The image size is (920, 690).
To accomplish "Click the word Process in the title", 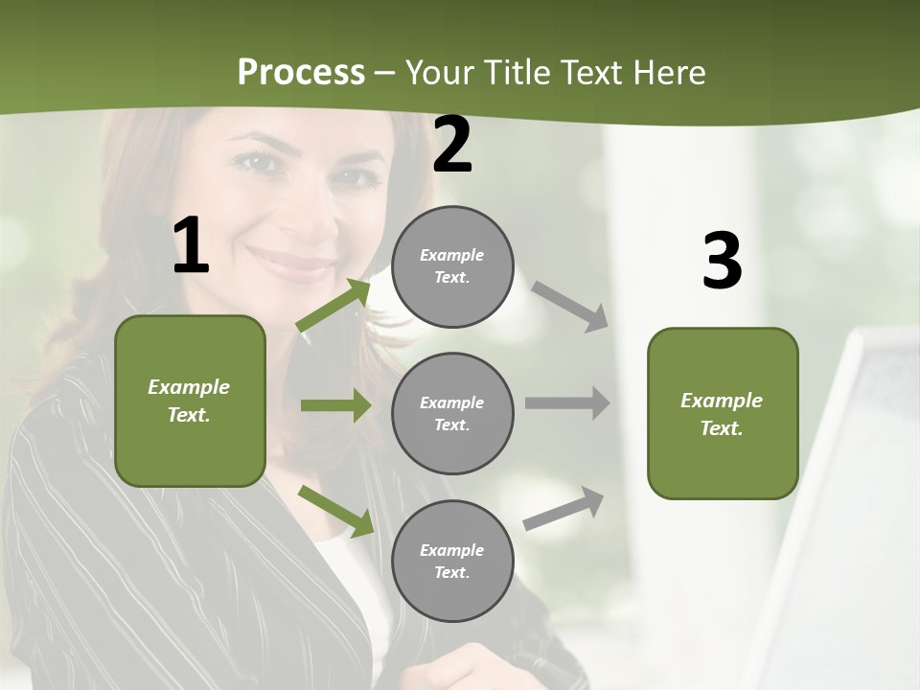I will click(x=301, y=73).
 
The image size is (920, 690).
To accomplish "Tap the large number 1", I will click(x=191, y=245).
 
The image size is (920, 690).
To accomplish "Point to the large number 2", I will click(x=452, y=146).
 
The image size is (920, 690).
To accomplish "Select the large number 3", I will click(x=722, y=261).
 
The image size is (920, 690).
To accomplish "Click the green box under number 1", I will click(x=190, y=401).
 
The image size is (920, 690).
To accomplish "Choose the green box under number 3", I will click(x=723, y=414).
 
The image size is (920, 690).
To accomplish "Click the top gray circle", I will click(x=452, y=266).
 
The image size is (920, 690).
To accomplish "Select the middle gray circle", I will click(x=452, y=414).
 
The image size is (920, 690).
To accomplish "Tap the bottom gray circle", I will click(x=452, y=562).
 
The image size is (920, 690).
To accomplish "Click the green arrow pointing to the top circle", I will click(x=333, y=306).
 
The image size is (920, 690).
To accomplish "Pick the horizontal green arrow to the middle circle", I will click(x=335, y=405).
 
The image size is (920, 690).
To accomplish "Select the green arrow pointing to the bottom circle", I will click(x=335, y=511).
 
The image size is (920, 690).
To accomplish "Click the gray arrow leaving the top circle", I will click(x=570, y=306).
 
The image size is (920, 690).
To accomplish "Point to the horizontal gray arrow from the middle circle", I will click(x=566, y=402).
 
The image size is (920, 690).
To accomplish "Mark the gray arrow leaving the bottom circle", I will click(x=563, y=509).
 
